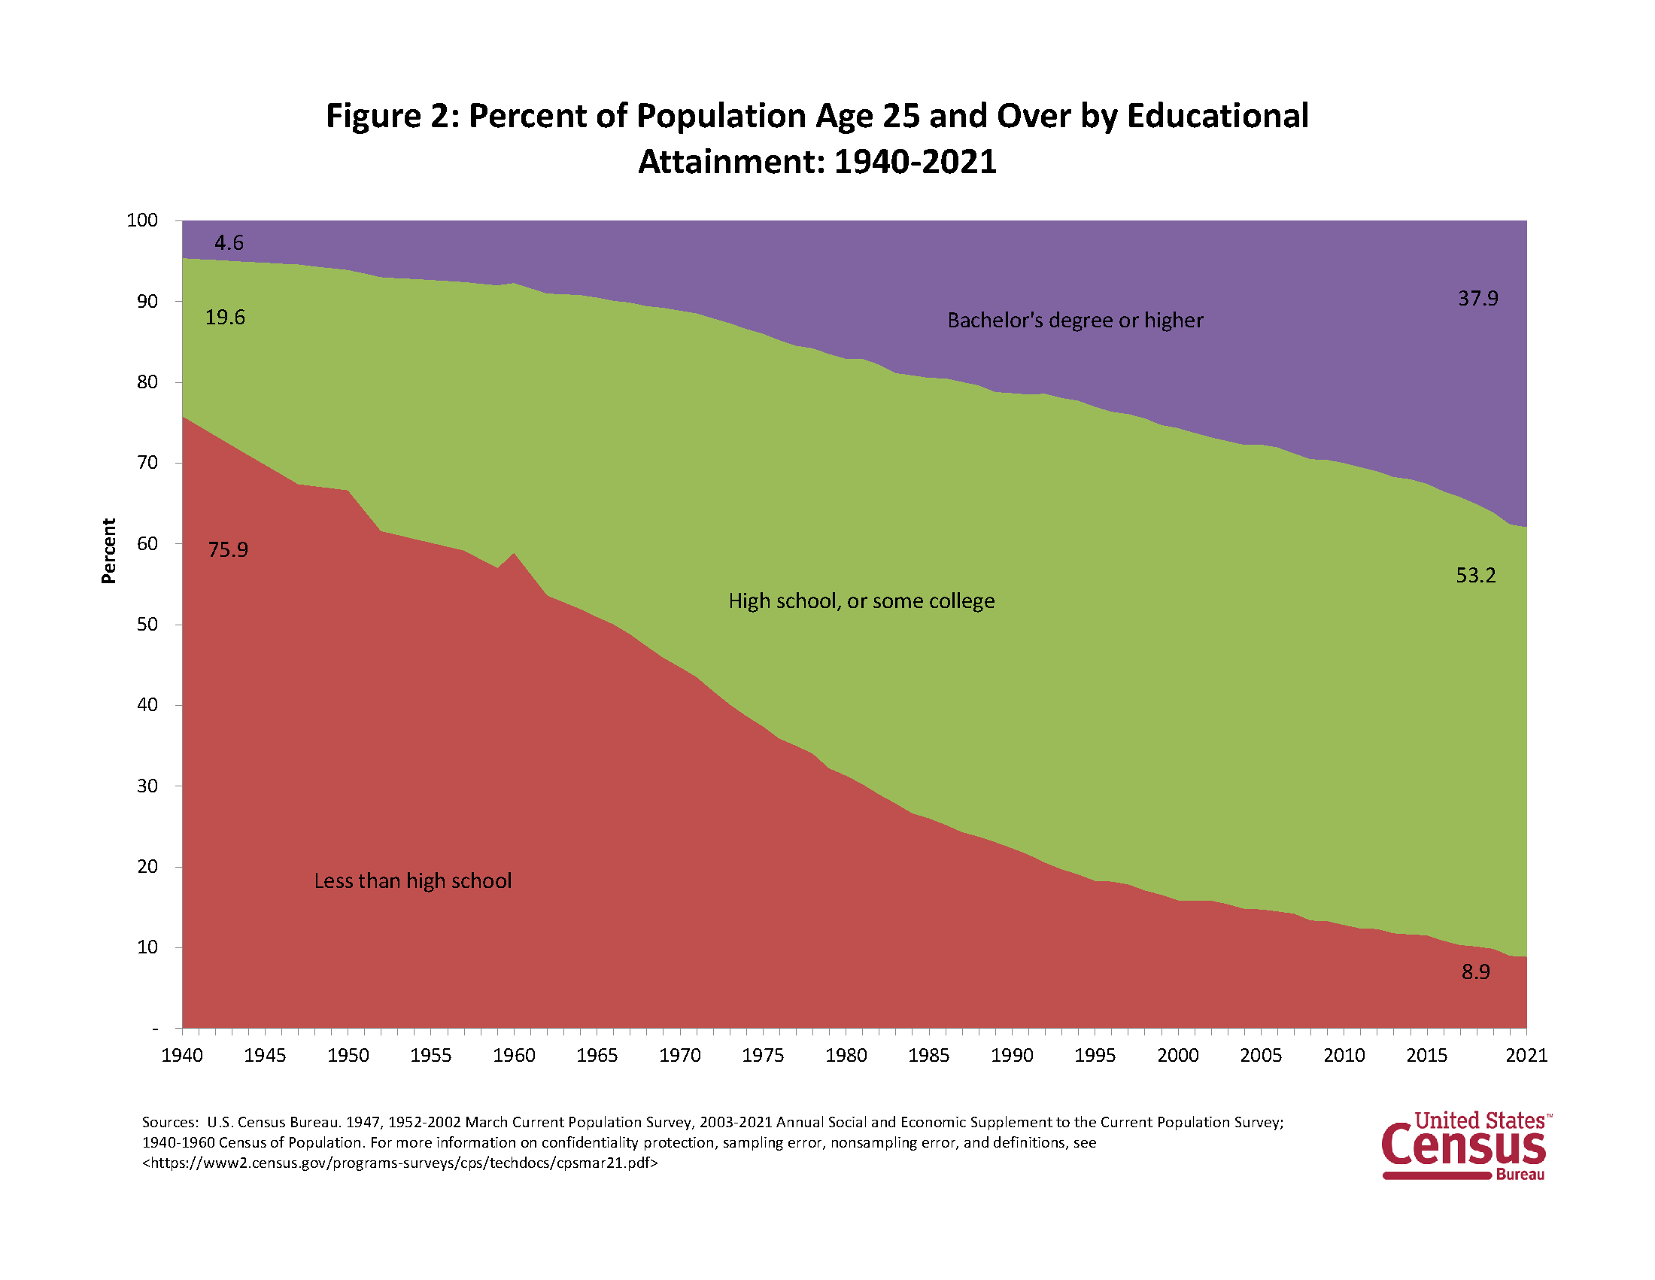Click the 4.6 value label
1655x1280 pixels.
coord(229,242)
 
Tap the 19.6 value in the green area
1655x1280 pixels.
coord(225,317)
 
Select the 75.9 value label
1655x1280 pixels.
coord(228,549)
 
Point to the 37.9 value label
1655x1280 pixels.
coord(1477,299)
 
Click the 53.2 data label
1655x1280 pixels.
coord(1475,575)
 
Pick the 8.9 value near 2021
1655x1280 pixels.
coord(1475,971)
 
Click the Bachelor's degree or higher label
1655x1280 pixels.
coord(1074,321)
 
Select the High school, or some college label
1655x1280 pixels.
coord(861,601)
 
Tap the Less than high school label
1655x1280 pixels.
coord(412,880)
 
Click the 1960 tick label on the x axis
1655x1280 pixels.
coord(514,1055)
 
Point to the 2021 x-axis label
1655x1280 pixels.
coord(1526,1055)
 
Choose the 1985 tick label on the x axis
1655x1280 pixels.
coord(928,1055)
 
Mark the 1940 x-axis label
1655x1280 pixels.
coord(182,1055)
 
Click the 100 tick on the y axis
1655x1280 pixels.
coord(141,220)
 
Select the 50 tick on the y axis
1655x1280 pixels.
coord(147,624)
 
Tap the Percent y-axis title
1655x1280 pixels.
coord(109,551)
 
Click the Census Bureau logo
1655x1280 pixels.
coord(1463,1145)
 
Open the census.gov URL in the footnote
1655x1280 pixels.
coord(400,1163)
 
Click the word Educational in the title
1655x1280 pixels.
coord(1217,116)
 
